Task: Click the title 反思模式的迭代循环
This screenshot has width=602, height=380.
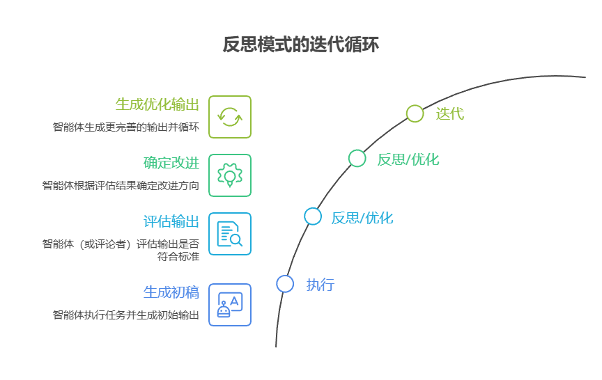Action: coord(300,45)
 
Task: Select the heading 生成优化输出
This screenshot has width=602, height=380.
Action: coord(157,104)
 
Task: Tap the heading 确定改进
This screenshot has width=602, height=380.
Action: coord(171,163)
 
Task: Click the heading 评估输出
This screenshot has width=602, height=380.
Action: coord(171,221)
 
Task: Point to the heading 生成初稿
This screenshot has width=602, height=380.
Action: coord(171,292)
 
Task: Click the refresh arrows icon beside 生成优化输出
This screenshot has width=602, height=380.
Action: coord(230,117)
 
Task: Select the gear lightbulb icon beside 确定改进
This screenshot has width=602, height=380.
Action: coord(230,175)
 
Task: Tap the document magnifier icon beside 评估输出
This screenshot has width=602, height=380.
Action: coord(230,234)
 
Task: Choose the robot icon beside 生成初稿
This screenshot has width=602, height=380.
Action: coord(230,305)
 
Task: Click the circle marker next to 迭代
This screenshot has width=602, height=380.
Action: coord(415,113)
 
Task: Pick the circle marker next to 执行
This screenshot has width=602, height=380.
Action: coord(285,284)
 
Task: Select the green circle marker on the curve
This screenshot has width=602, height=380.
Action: coord(357,159)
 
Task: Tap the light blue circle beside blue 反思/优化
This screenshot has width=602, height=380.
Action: coord(313,216)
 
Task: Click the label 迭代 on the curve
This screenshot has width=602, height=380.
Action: coord(449,113)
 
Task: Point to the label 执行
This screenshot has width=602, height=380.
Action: coord(321,285)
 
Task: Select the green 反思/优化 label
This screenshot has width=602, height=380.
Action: coord(408,159)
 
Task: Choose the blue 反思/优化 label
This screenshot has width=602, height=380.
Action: coord(362,218)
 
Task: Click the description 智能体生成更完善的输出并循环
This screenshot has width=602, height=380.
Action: coord(126,127)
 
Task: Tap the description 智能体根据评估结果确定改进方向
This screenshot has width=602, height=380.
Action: coord(121,186)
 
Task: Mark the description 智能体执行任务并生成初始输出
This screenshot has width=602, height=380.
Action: coord(126,315)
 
